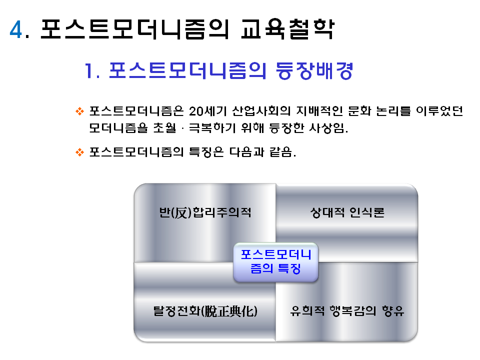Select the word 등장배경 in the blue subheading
(314, 71)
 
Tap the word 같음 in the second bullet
(284, 152)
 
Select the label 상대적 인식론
(347, 213)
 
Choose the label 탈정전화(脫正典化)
(205, 311)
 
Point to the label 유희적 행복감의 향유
(347, 311)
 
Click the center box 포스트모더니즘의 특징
(276, 261)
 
